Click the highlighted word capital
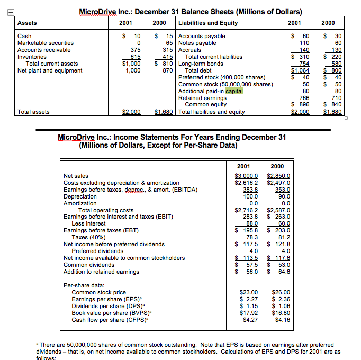tap(234, 91)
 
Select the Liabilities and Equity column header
tap(208, 23)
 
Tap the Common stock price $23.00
tap(248, 292)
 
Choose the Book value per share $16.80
tap(278, 313)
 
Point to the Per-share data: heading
tap(85, 285)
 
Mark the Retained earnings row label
tap(202, 98)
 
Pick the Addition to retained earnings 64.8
tap(280, 272)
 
